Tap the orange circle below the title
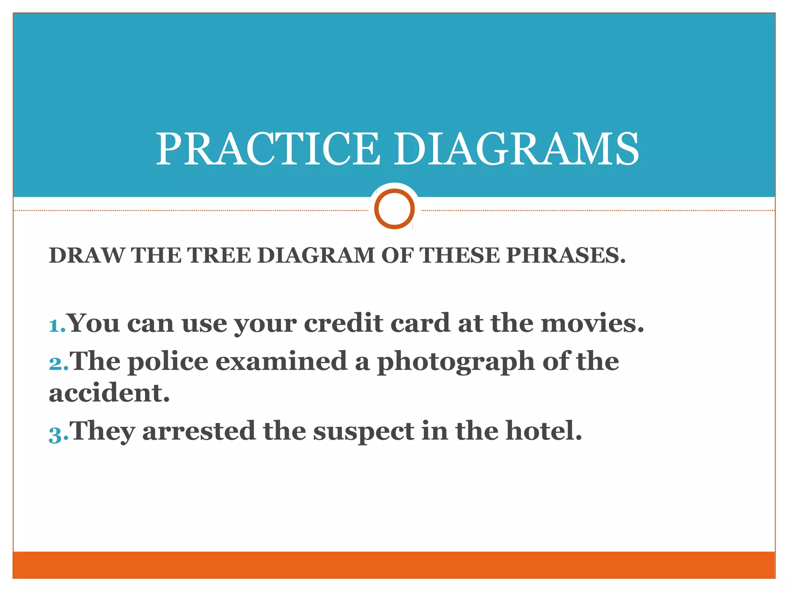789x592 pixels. pyautogui.click(x=394, y=209)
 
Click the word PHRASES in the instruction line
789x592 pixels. pyautogui.click(x=566, y=256)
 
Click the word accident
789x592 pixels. pyautogui.click(x=109, y=393)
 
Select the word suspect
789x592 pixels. pyautogui.click(x=363, y=432)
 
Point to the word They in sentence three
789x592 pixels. pyautogui.click(x=102, y=432)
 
